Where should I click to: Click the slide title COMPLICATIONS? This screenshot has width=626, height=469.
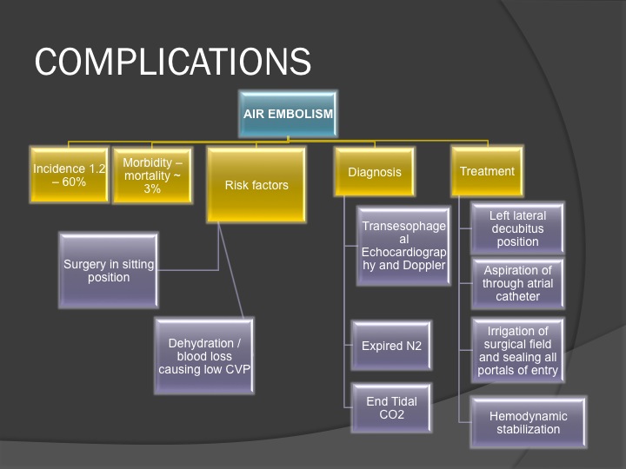coord(172,62)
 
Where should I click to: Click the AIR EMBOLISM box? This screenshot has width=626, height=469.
coord(288,114)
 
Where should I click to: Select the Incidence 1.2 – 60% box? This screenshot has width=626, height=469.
coord(69,175)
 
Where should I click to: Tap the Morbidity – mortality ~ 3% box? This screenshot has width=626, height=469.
coord(152,175)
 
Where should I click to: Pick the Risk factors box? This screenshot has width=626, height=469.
coord(256,185)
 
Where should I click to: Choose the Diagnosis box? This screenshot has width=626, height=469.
coord(375,172)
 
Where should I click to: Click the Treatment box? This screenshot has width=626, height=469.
coord(487,171)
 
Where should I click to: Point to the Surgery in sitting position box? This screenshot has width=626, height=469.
coord(109,270)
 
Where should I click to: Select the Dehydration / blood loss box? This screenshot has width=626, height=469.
coord(204,356)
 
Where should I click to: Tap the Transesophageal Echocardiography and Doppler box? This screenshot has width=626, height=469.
coord(403,246)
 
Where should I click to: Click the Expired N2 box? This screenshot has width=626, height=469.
coord(391,346)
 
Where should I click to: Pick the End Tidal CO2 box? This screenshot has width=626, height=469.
coord(391,407)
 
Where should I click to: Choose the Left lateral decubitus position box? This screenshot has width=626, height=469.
coord(517,228)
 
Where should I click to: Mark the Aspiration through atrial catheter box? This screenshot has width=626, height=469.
coord(517,283)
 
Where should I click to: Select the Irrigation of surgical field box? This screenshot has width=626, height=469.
coord(517,350)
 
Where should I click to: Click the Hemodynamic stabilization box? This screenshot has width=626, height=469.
coord(529,422)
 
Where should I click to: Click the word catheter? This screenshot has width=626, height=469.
coord(517,296)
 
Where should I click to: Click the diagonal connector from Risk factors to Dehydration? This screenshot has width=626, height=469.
coord(230,270)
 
